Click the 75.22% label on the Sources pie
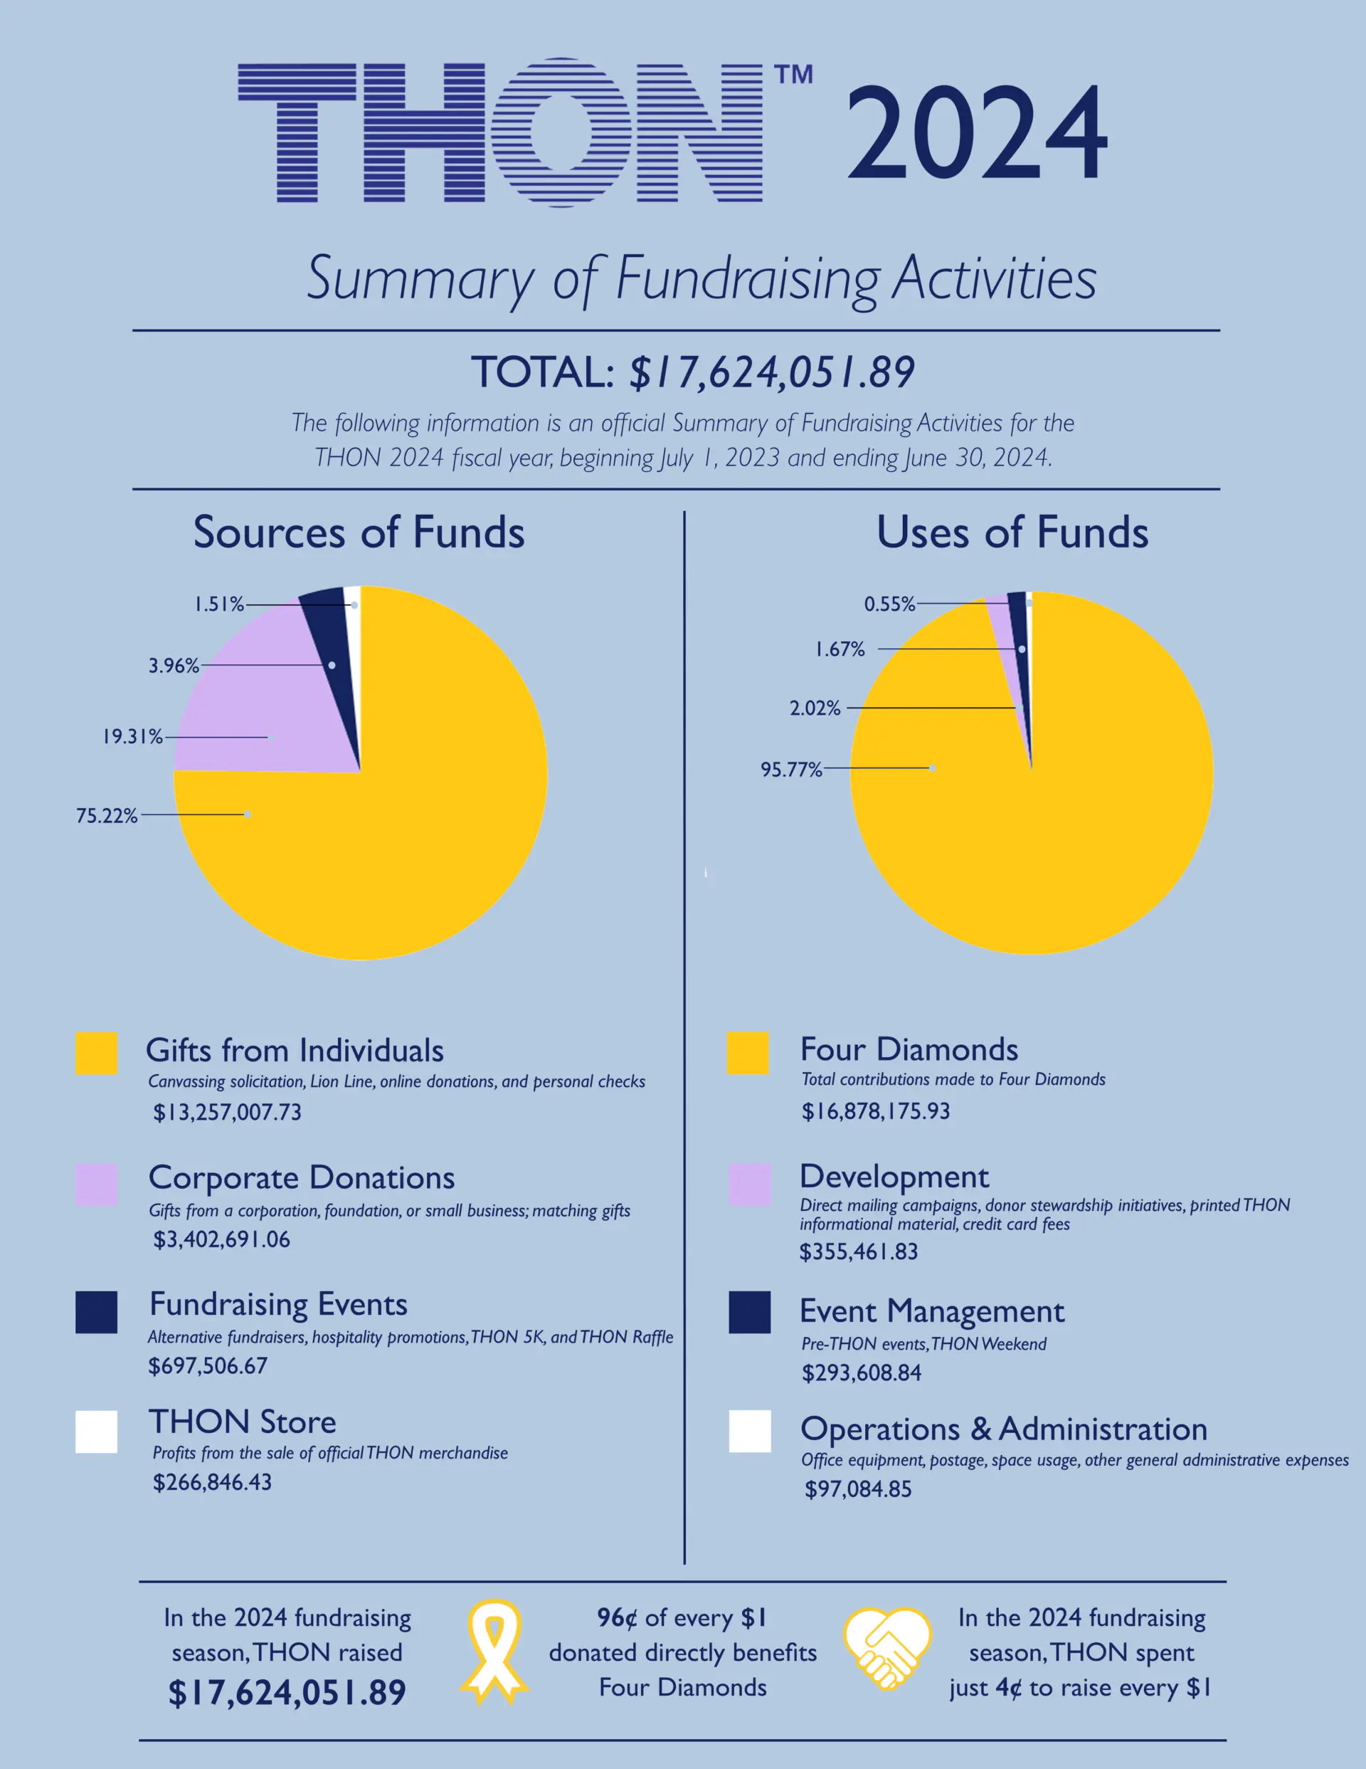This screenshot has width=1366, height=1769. click(106, 816)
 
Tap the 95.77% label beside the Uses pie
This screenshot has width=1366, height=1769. click(791, 770)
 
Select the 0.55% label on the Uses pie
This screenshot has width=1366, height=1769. click(889, 604)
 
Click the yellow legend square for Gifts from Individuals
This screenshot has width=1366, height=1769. click(96, 1053)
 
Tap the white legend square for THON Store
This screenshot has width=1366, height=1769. click(96, 1432)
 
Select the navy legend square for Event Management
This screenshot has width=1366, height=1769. click(749, 1312)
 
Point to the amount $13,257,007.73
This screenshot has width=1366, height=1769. click(228, 1112)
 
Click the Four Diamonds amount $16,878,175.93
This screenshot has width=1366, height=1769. click(875, 1111)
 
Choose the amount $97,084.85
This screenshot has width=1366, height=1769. click(857, 1489)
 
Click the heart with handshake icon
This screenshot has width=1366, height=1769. click(887, 1650)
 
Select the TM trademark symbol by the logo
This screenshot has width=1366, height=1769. click(793, 75)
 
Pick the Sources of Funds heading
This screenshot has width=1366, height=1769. click(359, 533)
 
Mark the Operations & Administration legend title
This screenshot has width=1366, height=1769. click(1003, 1429)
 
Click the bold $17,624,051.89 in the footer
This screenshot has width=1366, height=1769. click(287, 1692)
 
